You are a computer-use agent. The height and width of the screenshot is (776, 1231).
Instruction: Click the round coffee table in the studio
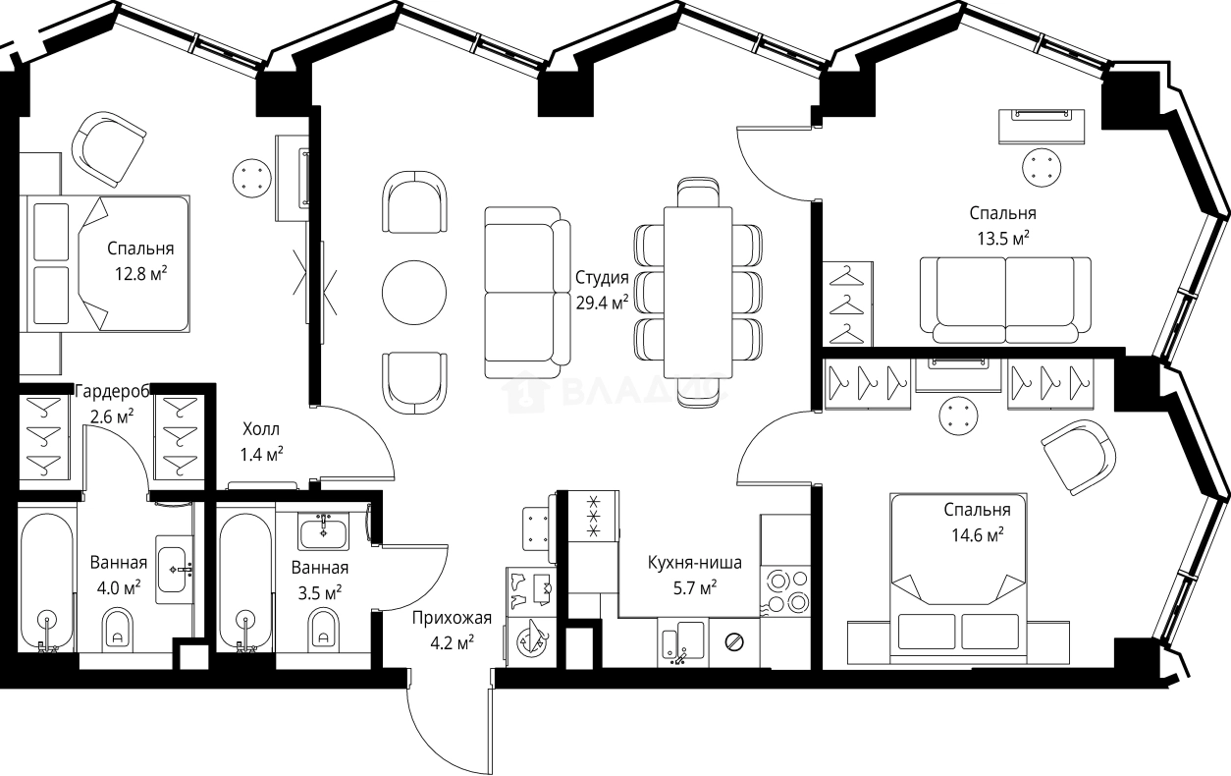pyautogui.click(x=414, y=292)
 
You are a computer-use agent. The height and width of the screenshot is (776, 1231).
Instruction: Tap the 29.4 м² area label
pyautogui.click(x=603, y=303)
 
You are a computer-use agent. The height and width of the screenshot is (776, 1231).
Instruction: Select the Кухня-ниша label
pyautogui.click(x=695, y=563)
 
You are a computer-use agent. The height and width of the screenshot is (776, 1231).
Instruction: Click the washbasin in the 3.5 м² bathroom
pyautogui.click(x=323, y=531)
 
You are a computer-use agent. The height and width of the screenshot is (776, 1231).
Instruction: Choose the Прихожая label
pyautogui.click(x=452, y=618)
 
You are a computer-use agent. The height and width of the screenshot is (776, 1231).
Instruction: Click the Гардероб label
pyautogui.click(x=112, y=392)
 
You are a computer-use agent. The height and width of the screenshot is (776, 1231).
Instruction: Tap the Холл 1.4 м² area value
pyautogui.click(x=261, y=454)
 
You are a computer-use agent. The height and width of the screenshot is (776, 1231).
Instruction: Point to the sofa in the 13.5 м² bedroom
pyautogui.click(x=1005, y=301)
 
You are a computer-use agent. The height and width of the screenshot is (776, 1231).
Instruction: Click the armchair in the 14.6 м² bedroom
pyautogui.click(x=1079, y=457)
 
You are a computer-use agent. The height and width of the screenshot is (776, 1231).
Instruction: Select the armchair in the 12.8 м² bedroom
pyautogui.click(x=109, y=149)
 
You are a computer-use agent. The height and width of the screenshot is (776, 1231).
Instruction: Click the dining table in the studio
pyautogui.click(x=698, y=292)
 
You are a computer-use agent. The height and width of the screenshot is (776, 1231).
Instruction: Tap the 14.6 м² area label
pyautogui.click(x=978, y=535)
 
